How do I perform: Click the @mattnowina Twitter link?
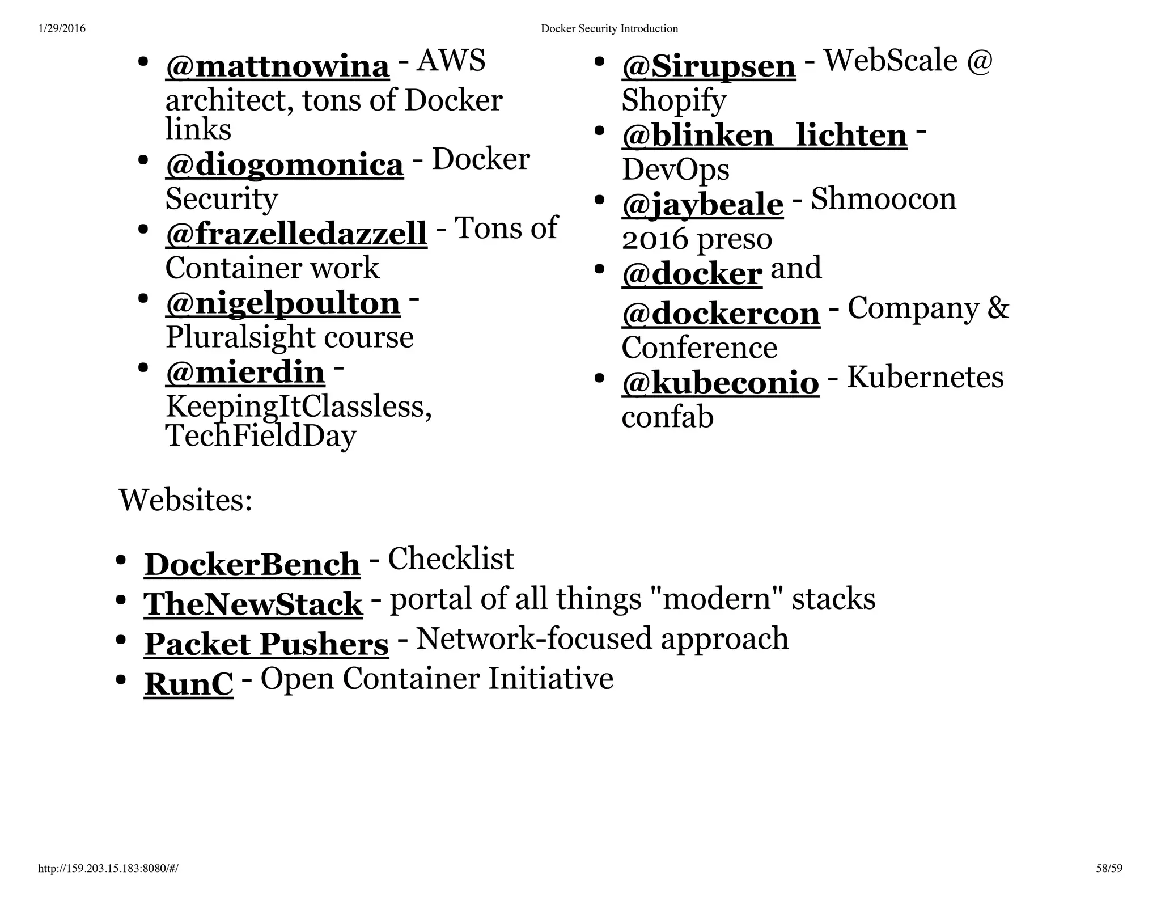[x=277, y=66]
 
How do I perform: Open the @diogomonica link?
[x=285, y=164]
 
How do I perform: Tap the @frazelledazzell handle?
[x=296, y=234]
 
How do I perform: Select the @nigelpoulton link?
[x=282, y=303]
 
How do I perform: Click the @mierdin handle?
[x=245, y=373]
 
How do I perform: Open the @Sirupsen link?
[x=709, y=66]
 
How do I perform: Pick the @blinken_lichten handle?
[x=764, y=136]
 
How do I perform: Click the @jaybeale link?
[x=702, y=205]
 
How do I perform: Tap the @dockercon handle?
[x=721, y=314]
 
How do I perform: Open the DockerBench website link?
[x=252, y=564]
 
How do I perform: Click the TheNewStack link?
[x=253, y=604]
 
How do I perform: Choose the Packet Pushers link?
[x=266, y=644]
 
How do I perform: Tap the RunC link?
[x=188, y=684]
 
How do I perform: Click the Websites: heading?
[x=185, y=500]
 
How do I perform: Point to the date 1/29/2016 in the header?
[x=62, y=28]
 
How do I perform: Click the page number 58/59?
[x=1109, y=869]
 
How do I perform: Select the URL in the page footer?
[x=108, y=869]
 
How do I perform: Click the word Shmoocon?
[x=883, y=199]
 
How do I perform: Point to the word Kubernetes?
[x=925, y=377]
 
